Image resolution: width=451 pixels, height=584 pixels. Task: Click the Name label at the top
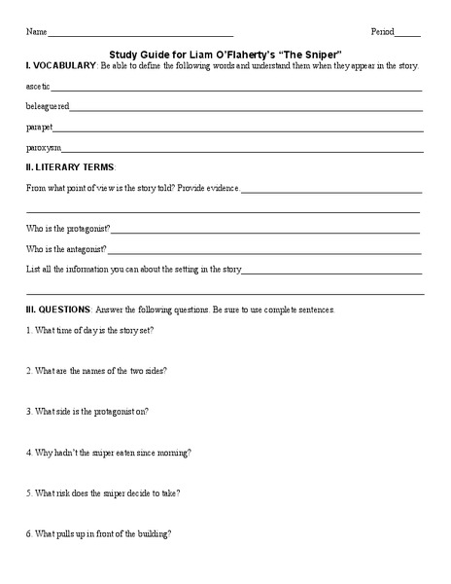[x=35, y=31]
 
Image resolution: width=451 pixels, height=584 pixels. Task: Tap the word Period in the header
[x=384, y=31]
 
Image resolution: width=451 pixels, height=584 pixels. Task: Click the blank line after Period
[x=409, y=34]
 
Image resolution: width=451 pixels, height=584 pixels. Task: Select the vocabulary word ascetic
[x=40, y=88]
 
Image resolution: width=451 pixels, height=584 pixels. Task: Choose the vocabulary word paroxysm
[x=44, y=148]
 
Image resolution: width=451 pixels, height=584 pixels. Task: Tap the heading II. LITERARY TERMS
[x=70, y=167]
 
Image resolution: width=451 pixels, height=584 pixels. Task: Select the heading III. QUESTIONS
[x=58, y=309]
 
